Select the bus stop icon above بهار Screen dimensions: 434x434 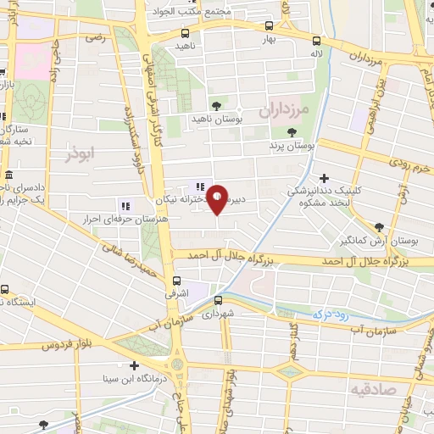269,26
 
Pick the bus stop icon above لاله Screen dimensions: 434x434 316,40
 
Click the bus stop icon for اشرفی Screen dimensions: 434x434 176,281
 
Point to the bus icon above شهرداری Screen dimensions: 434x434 217,299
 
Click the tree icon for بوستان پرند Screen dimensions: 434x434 292,132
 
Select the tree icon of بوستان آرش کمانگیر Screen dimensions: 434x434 378,226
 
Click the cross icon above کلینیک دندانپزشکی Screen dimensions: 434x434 324,177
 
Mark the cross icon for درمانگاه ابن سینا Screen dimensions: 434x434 134,365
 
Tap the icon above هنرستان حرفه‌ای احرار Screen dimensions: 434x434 125,205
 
